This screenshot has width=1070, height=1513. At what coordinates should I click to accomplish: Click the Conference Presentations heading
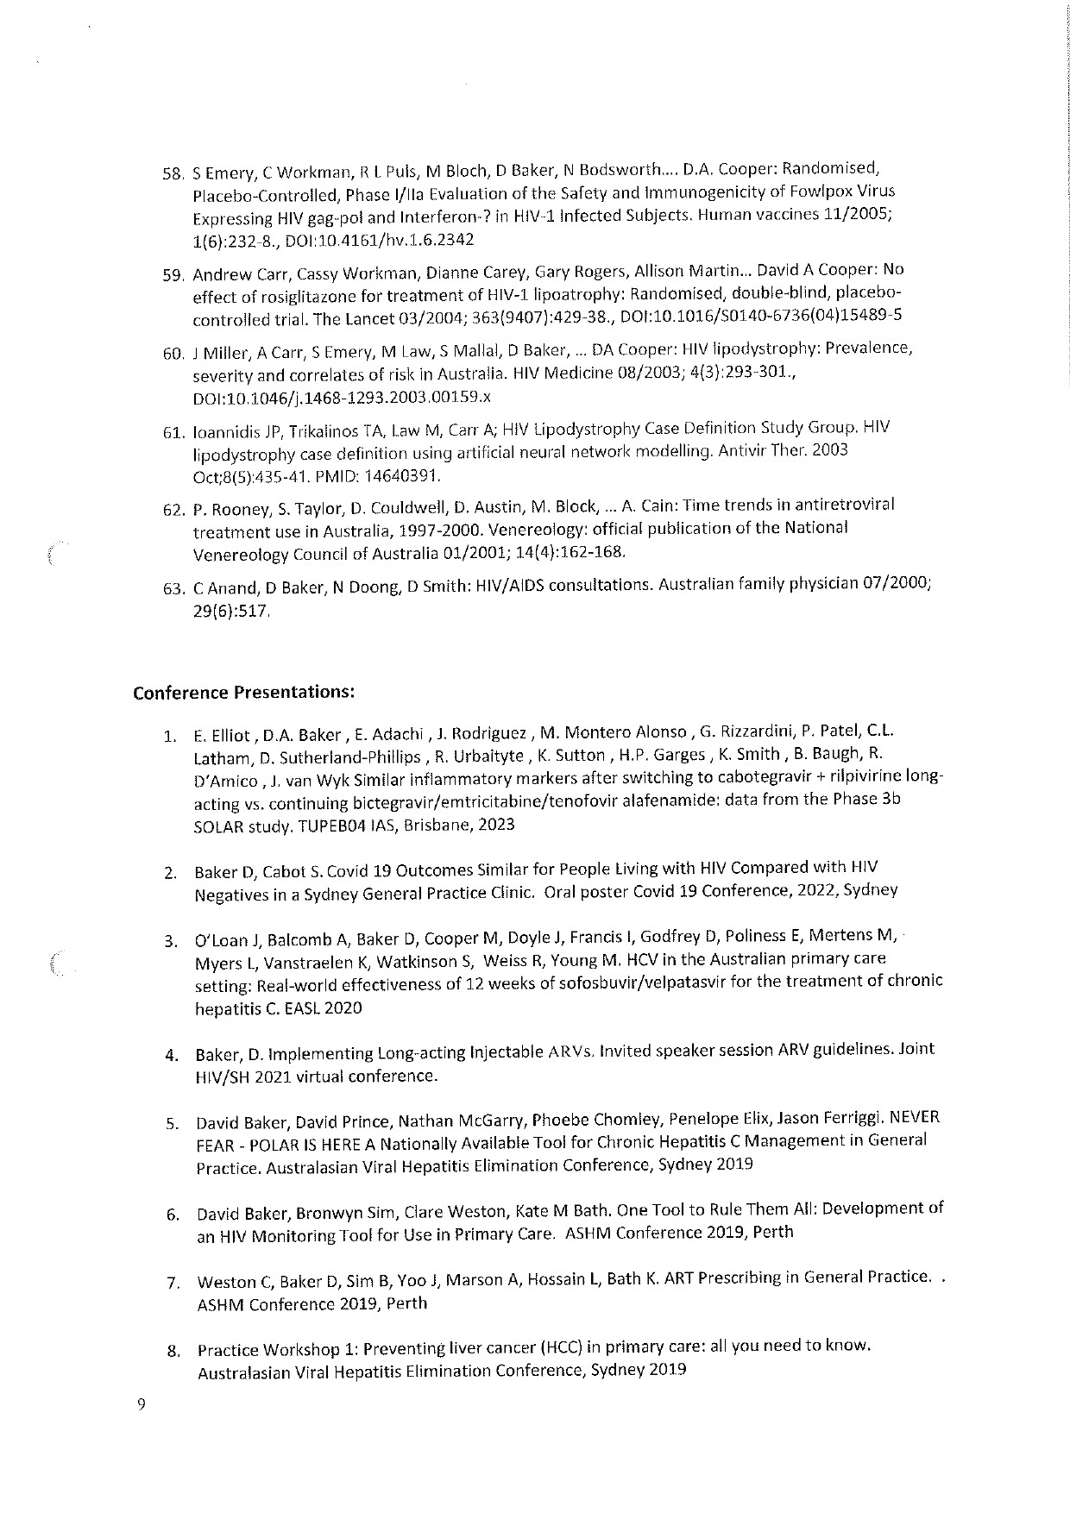coord(243,693)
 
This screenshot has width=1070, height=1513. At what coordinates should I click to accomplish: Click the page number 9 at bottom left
coord(142,1403)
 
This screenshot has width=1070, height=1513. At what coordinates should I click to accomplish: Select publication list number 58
coord(174,173)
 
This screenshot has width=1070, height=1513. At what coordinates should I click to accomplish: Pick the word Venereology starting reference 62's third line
coord(235,553)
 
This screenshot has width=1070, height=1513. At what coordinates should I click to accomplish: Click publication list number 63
coord(174,589)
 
